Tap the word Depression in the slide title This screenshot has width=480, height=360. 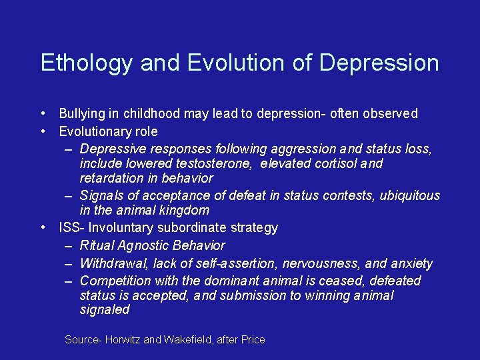pos(379,63)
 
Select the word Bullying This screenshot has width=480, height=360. pos(83,114)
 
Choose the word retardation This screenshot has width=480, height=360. pos(110,178)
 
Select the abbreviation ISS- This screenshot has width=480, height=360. pos(71,228)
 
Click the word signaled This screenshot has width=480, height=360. pos(104,310)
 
